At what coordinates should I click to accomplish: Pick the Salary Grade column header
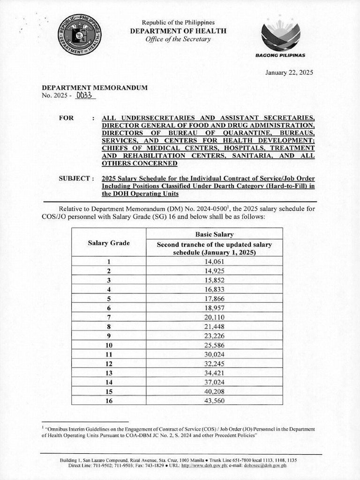(x=109, y=243)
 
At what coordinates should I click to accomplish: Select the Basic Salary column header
(x=215, y=234)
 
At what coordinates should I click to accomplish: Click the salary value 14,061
(x=215, y=262)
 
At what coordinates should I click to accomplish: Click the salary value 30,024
(x=215, y=354)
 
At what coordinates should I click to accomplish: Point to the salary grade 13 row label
(x=109, y=372)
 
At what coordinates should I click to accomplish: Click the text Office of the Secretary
(x=178, y=39)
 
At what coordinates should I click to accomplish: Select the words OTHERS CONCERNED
(x=140, y=163)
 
